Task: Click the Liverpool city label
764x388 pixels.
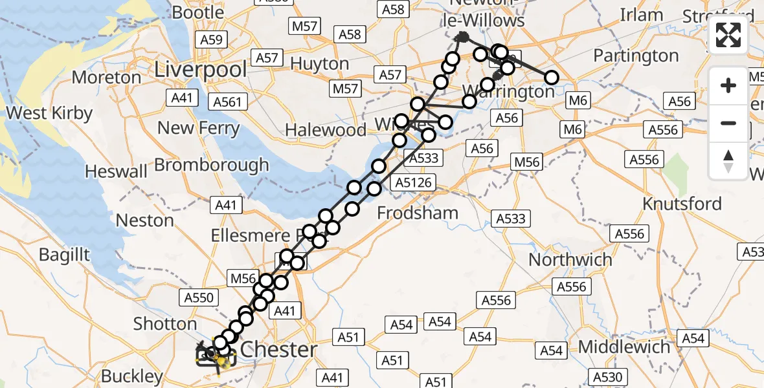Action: tap(201, 69)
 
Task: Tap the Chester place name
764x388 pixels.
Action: tap(279, 350)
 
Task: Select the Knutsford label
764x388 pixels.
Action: tap(682, 204)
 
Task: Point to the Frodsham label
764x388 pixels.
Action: tap(418, 213)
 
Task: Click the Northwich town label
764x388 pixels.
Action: tap(570, 260)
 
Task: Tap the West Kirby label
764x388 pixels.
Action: tap(49, 113)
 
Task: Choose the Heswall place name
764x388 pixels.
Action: tap(115, 171)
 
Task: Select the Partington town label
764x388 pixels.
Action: tap(636, 56)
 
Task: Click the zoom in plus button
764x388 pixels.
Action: tap(728, 85)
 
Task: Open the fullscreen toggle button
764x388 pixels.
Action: tap(728, 36)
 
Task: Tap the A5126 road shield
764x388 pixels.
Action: tap(413, 182)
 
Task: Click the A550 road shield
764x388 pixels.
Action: tap(198, 297)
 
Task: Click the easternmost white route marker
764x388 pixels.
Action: tap(551, 78)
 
